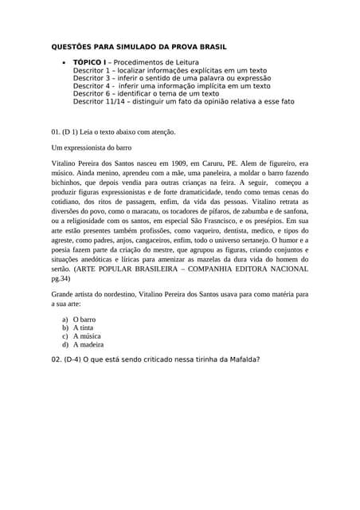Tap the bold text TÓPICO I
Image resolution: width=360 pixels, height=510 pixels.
click(x=89, y=62)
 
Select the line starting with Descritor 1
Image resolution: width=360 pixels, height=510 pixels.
click(x=170, y=70)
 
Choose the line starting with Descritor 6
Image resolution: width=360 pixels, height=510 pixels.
click(x=146, y=94)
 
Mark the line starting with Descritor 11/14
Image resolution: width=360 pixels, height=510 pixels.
click(x=183, y=102)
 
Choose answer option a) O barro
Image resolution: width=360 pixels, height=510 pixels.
click(x=79, y=319)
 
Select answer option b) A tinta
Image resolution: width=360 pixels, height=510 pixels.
click(x=78, y=328)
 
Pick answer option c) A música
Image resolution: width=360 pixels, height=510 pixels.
click(x=81, y=336)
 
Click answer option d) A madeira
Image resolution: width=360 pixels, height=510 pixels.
click(x=83, y=345)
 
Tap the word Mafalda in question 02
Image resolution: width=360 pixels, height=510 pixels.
click(x=241, y=359)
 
